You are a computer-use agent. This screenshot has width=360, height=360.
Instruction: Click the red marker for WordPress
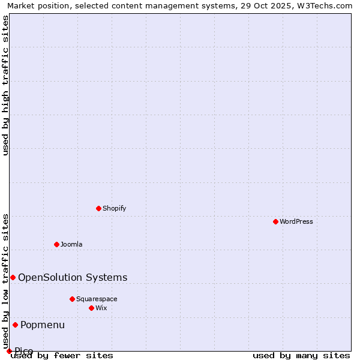pyautogui.click(x=275, y=221)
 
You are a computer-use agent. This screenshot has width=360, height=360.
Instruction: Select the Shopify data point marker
pyautogui.click(x=98, y=208)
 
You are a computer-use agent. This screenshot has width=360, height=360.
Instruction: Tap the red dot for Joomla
pyautogui.click(x=56, y=244)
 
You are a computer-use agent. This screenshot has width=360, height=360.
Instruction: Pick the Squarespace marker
pyautogui.click(x=72, y=299)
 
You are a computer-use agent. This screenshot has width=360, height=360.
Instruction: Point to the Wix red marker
pyautogui.click(x=91, y=308)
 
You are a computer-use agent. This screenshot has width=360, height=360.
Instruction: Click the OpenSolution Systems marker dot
pyautogui.click(x=13, y=277)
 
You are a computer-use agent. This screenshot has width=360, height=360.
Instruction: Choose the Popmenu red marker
pyautogui.click(x=15, y=325)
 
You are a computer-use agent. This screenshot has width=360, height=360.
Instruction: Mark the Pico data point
pyautogui.click(x=9, y=351)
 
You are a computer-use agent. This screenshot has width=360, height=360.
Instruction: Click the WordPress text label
pyautogui.click(x=296, y=221)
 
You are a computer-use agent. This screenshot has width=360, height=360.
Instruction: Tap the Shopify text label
pyautogui.click(x=114, y=208)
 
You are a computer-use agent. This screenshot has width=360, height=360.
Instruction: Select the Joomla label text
pyautogui.click(x=71, y=244)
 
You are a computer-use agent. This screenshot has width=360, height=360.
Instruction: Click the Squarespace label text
pyautogui.click(x=97, y=299)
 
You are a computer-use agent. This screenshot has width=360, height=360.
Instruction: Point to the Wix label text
pyautogui.click(x=101, y=308)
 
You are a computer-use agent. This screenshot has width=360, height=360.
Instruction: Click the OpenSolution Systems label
pyautogui.click(x=73, y=277)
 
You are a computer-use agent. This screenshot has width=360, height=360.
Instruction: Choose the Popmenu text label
pyautogui.click(x=43, y=325)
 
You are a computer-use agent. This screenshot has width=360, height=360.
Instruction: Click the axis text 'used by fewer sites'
pyautogui.click(x=62, y=356)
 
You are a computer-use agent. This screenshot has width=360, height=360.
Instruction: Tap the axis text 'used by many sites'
pyautogui.click(x=301, y=356)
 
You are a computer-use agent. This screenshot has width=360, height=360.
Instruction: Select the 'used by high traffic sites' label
pyautogui.click(x=5, y=85)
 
